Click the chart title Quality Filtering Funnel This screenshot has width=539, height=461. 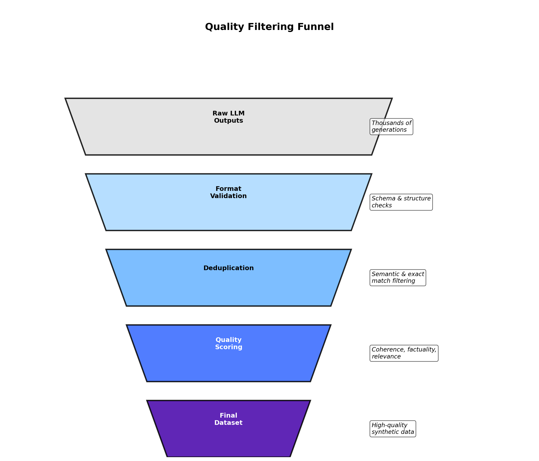click(x=269, y=27)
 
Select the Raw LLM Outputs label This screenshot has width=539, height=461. click(x=229, y=117)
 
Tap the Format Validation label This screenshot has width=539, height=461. click(x=229, y=192)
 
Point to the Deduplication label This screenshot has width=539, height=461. click(x=229, y=268)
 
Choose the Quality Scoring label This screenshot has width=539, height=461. click(x=229, y=343)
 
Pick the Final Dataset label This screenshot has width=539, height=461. click(x=229, y=419)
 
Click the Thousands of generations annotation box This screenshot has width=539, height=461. click(x=391, y=127)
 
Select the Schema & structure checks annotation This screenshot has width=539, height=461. click(x=401, y=202)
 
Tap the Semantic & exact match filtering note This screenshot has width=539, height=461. click(x=398, y=278)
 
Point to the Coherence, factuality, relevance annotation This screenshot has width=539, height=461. click(x=404, y=353)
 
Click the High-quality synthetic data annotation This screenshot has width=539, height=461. click(x=392, y=428)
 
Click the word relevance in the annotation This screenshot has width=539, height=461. click(x=386, y=357)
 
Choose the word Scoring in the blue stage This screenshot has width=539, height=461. click(x=229, y=347)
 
